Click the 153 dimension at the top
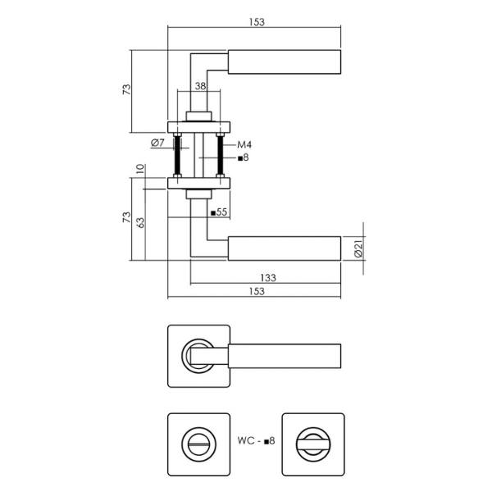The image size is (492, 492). tap(257, 22)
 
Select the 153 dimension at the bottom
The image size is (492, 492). tap(257, 291)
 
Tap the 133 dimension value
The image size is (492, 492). tap(268, 278)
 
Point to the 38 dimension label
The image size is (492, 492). tap(200, 85)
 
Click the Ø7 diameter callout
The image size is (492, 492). tap(157, 143)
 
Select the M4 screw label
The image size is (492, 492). tap(244, 144)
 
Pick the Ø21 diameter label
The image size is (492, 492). tap(358, 248)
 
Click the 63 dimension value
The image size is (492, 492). tap(140, 223)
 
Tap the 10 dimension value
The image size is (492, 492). tap(140, 169)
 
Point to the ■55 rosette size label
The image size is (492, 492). tap(219, 212)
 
